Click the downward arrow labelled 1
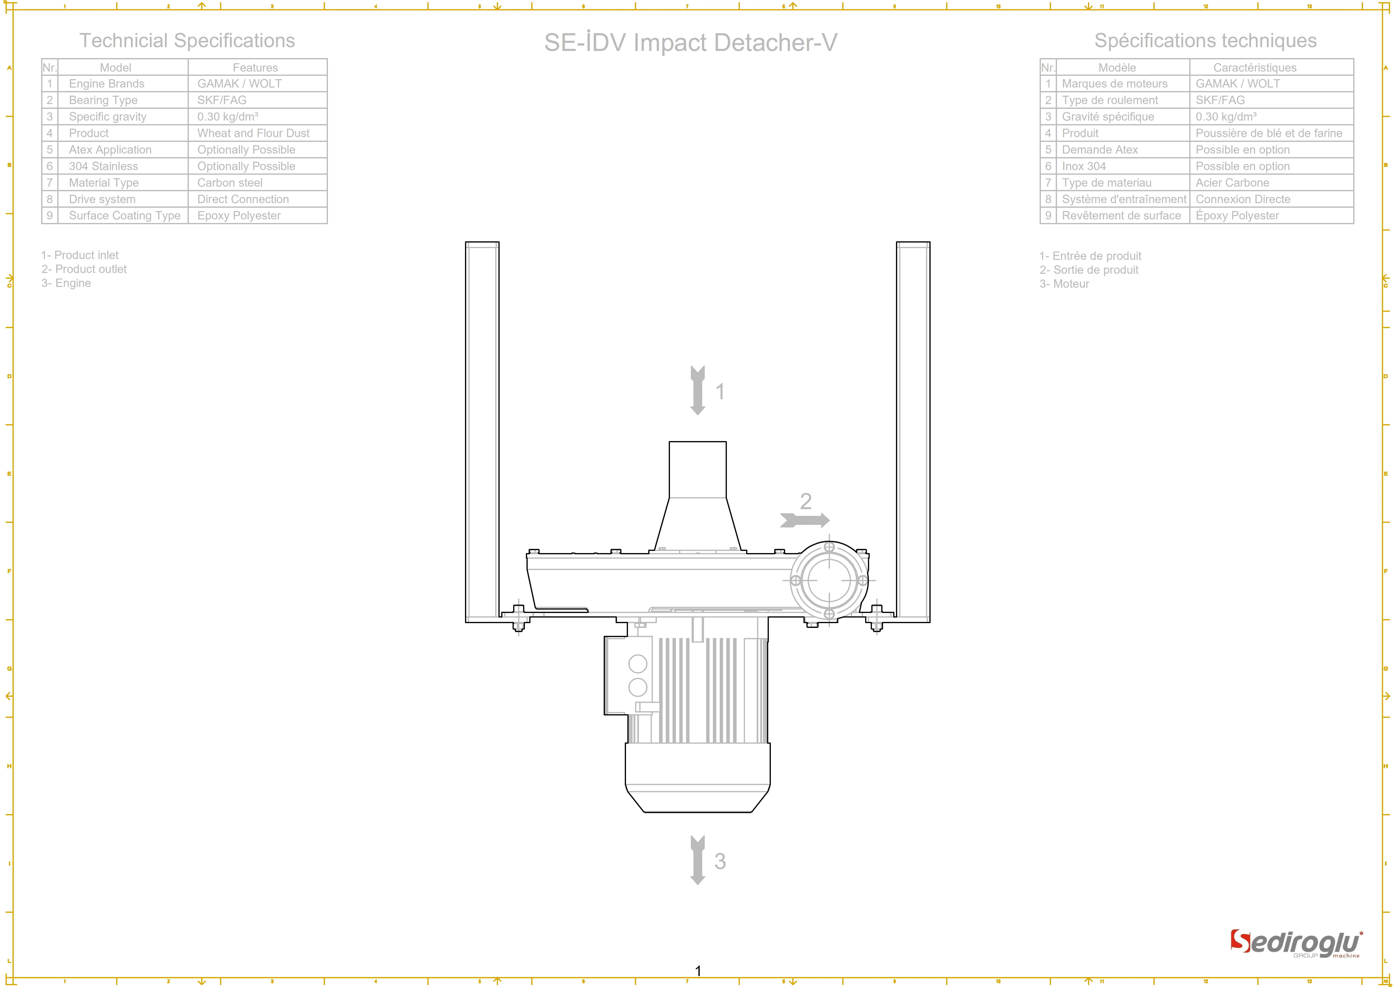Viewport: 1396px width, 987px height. point(697,390)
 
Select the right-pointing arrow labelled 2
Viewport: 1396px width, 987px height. point(804,520)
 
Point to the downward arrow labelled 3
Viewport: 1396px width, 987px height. point(697,860)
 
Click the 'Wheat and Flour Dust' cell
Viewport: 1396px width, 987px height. point(253,133)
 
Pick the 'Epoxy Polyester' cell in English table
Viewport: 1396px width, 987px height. point(239,216)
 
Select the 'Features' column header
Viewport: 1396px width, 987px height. point(255,67)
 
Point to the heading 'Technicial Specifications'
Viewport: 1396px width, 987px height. point(187,41)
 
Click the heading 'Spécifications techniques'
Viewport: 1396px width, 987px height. point(1205,41)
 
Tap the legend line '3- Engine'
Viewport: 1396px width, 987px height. point(66,283)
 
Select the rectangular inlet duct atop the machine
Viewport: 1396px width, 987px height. point(697,470)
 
